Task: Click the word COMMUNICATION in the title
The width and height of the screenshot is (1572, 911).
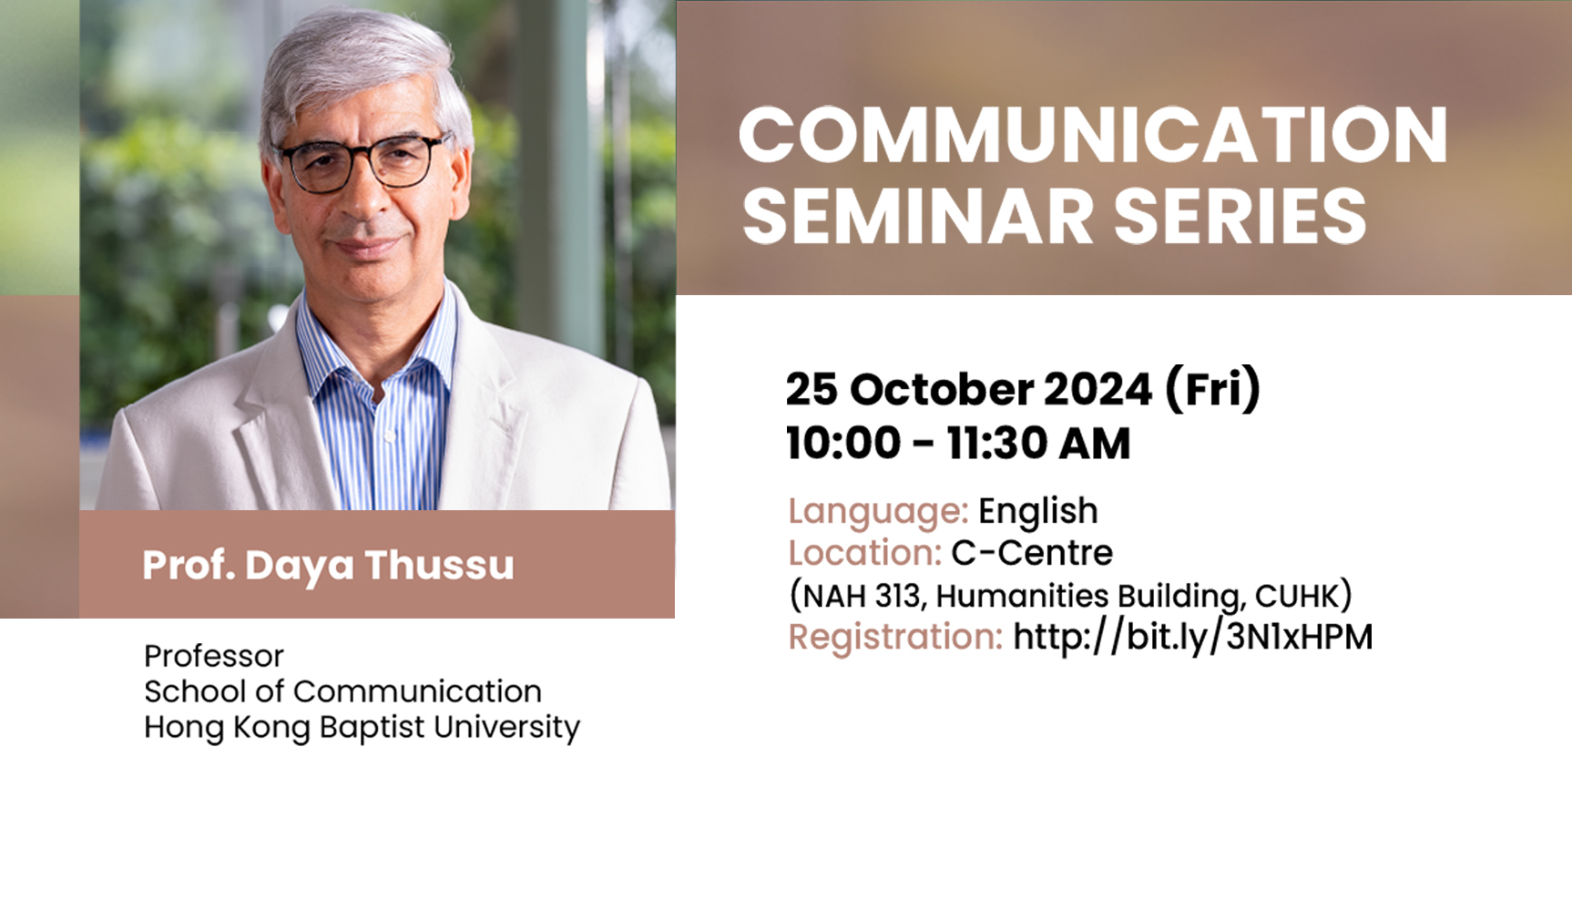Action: (1093, 135)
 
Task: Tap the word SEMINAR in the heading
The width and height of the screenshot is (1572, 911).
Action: (918, 216)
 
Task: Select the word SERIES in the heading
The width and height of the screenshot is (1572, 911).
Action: (1240, 216)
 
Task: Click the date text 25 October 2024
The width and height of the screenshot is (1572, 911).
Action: (969, 389)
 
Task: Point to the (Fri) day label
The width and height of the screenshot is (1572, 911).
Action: (1212, 389)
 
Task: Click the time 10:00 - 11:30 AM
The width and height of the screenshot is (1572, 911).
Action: (958, 444)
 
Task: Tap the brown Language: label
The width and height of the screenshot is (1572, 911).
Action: (878, 512)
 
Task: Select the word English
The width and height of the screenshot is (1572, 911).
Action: (1038, 512)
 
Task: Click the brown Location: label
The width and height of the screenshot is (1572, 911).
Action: (865, 553)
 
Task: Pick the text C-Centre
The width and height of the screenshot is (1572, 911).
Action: (1032, 553)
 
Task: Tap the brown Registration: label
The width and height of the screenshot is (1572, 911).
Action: (895, 638)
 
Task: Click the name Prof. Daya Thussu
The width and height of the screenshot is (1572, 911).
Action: (328, 566)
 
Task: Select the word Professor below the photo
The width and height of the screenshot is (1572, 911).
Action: (214, 656)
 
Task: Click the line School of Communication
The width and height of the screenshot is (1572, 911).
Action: (342, 691)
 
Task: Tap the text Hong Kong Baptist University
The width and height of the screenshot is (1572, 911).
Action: (362, 728)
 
